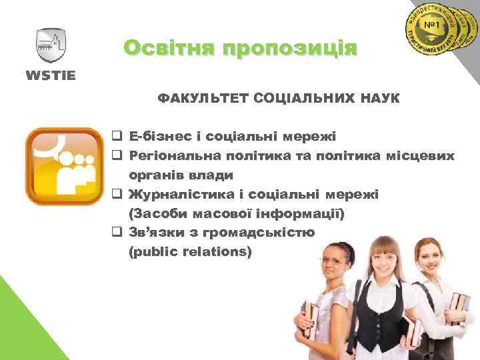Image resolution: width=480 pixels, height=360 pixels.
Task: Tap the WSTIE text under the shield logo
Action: tap(51, 74)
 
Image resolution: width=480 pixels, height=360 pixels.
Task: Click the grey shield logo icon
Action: tap(51, 45)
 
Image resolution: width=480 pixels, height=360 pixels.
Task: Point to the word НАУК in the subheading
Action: tap(378, 99)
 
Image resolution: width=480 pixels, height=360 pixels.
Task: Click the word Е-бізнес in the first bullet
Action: tap(161, 137)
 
